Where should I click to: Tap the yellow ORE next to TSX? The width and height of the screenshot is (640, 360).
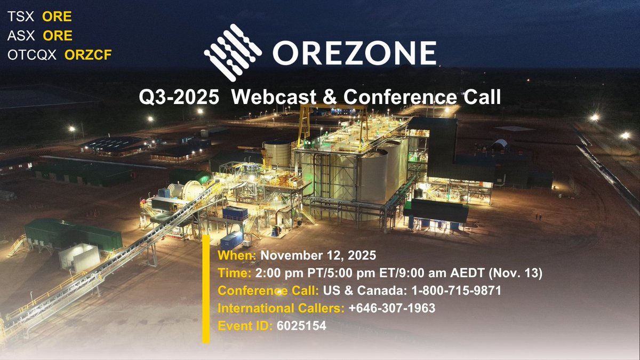tap(57, 17)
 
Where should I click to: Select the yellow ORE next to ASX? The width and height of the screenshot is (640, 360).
tap(57, 36)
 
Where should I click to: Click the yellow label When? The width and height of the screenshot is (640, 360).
tap(237, 255)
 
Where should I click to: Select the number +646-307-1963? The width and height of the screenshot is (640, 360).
tap(391, 308)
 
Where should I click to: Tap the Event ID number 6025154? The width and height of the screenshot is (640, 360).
tap(301, 325)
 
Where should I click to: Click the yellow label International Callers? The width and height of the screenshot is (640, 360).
tap(281, 308)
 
